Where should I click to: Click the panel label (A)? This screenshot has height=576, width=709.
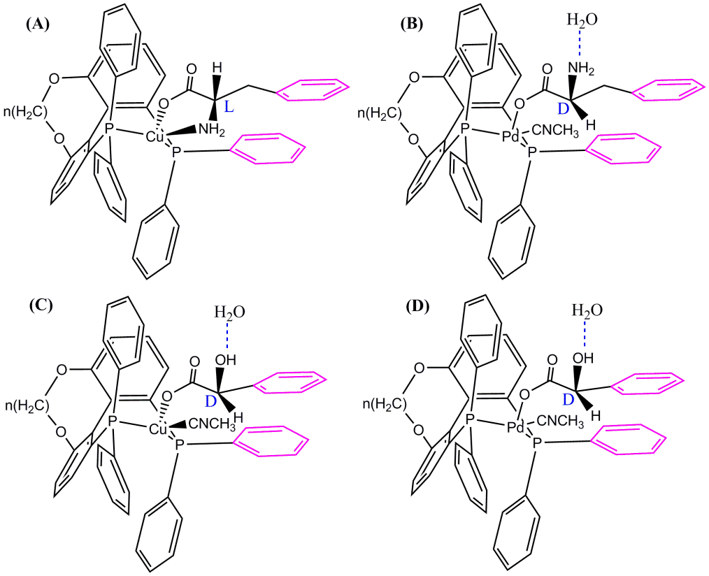click(37, 24)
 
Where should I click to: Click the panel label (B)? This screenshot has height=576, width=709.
click(411, 24)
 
